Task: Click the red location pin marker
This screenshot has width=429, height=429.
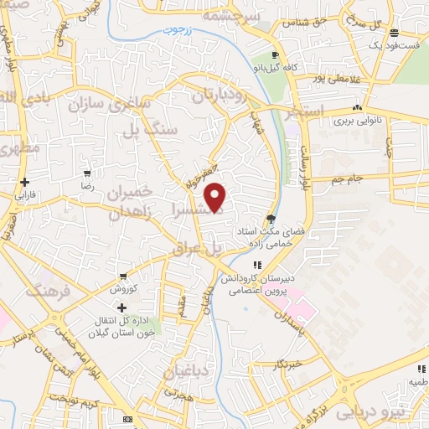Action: pyautogui.click(x=216, y=197)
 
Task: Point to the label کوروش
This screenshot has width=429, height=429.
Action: pyautogui.click(x=125, y=289)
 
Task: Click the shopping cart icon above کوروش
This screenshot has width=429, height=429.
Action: pyautogui.click(x=124, y=276)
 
